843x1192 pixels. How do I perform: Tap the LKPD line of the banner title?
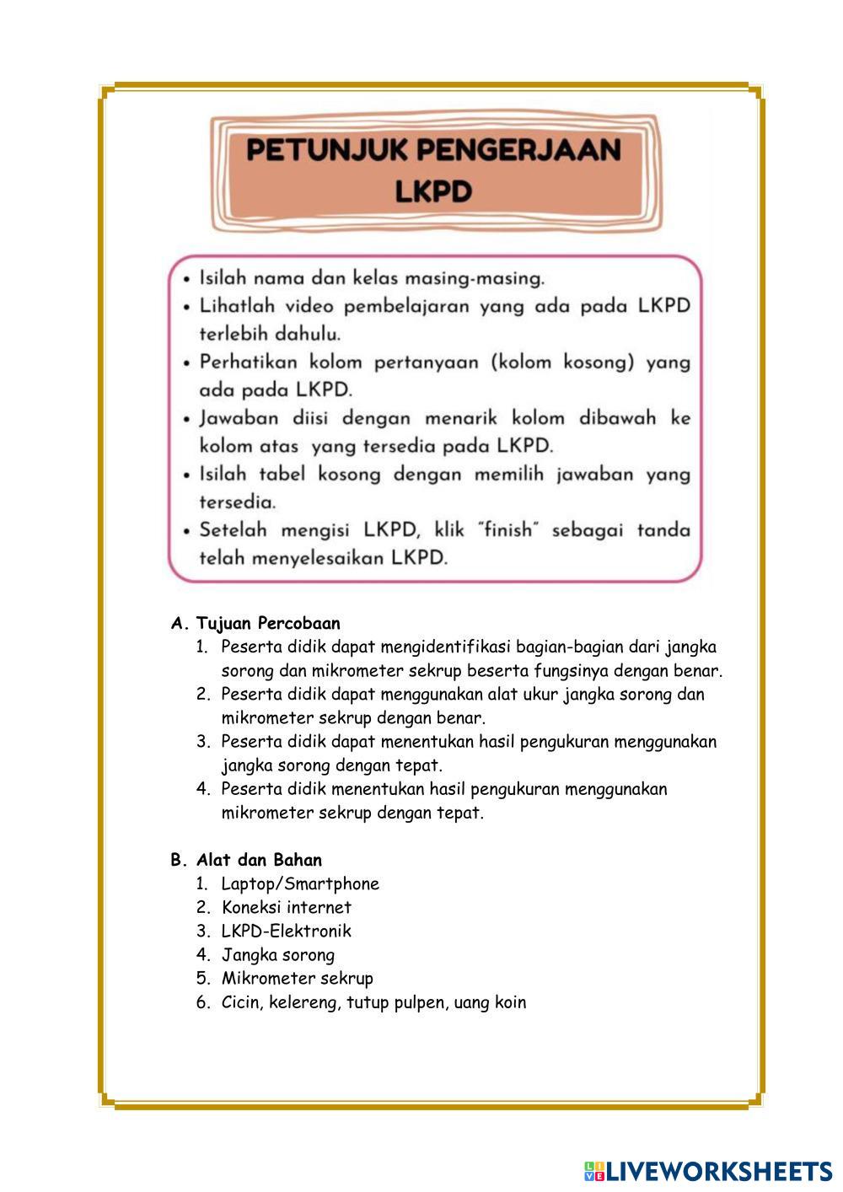(x=433, y=191)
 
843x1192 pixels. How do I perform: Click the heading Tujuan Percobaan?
(x=268, y=624)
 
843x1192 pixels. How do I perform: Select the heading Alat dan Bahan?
(x=259, y=860)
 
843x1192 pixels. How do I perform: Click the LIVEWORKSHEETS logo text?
(x=719, y=1171)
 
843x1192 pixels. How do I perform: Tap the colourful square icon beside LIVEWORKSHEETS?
(x=594, y=1171)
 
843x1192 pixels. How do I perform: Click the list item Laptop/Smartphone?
(x=300, y=883)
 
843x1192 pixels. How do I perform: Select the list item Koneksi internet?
(x=287, y=907)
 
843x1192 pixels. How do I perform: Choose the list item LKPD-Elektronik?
(x=287, y=931)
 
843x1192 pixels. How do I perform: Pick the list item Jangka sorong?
(x=278, y=954)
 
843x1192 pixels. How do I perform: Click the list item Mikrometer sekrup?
(x=297, y=978)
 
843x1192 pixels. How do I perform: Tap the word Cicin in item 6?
(x=240, y=1002)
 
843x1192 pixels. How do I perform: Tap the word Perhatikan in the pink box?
(x=248, y=362)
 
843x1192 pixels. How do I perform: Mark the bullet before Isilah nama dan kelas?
(x=186, y=278)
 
